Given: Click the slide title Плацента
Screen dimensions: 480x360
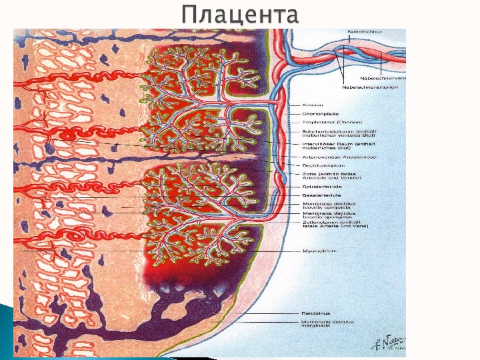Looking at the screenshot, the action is [239, 15].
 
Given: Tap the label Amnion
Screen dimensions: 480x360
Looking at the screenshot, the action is [313, 105].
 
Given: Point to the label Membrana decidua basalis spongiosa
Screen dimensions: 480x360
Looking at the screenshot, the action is [329, 215].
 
